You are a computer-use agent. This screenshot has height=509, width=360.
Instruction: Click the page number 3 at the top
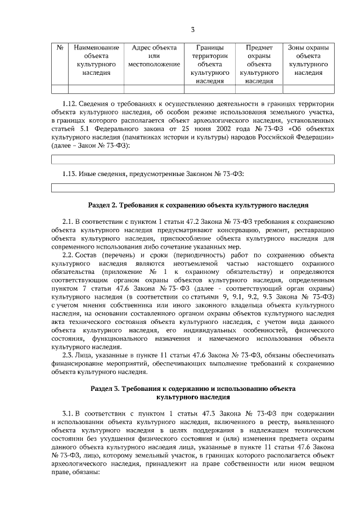[192, 29]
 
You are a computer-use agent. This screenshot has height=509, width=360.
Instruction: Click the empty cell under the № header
[60, 89]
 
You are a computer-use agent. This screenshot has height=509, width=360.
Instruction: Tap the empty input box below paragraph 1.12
[192, 159]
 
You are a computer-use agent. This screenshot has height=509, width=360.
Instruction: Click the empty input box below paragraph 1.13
[192, 187]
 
